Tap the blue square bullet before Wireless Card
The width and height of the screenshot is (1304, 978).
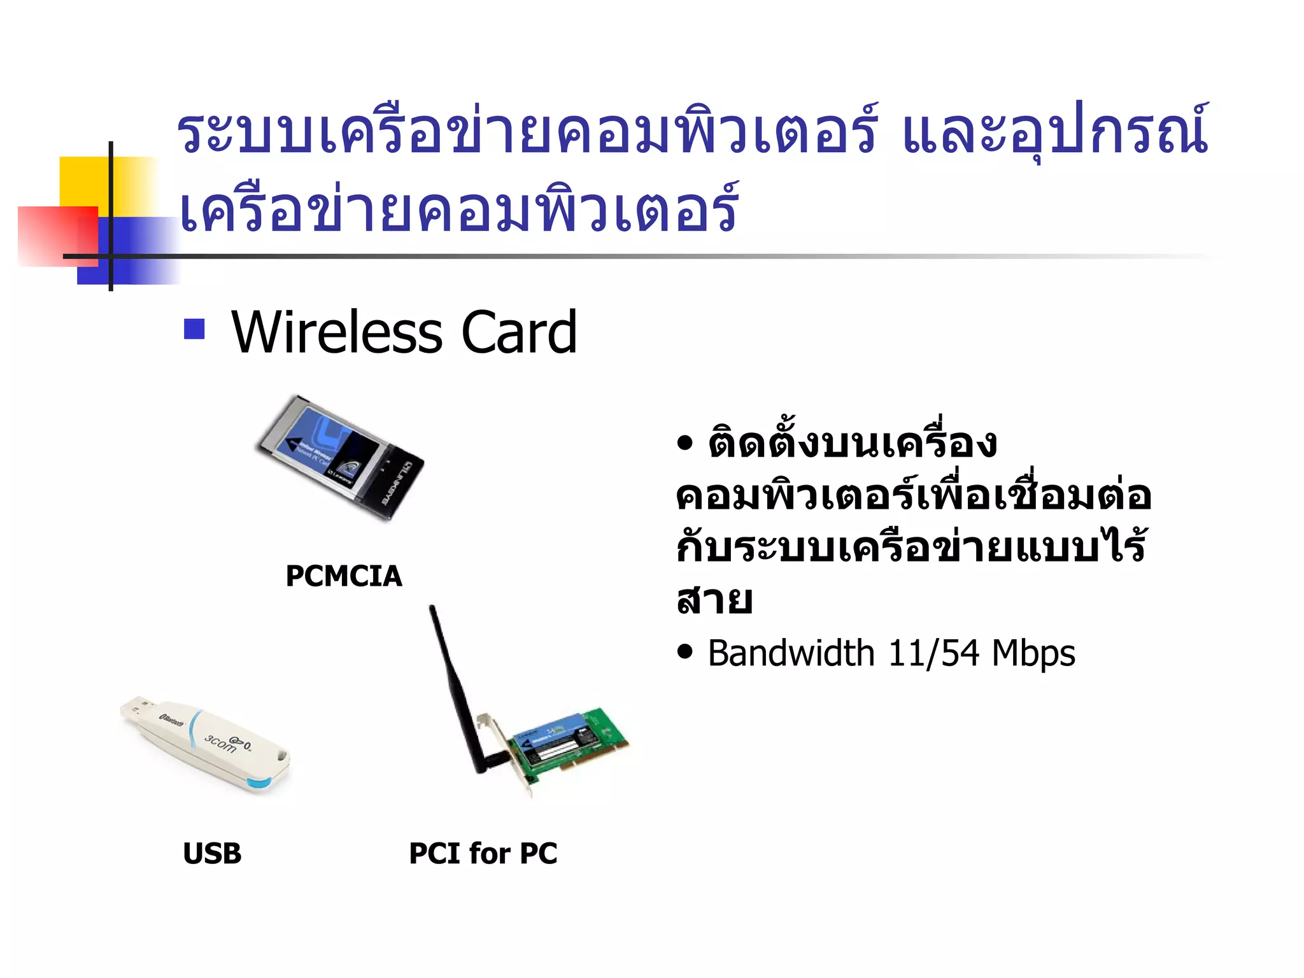[194, 329]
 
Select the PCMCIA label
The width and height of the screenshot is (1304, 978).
[344, 576]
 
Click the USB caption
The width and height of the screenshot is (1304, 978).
[212, 853]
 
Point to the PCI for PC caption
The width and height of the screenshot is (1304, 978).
[483, 853]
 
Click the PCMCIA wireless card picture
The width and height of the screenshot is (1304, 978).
[341, 458]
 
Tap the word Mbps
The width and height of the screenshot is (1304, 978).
[1033, 653]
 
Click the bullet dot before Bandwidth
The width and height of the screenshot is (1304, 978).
[684, 652]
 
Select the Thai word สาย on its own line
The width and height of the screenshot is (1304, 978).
[714, 600]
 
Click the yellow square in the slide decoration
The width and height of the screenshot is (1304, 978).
[83, 181]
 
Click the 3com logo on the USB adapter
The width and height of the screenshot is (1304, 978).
[220, 743]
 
